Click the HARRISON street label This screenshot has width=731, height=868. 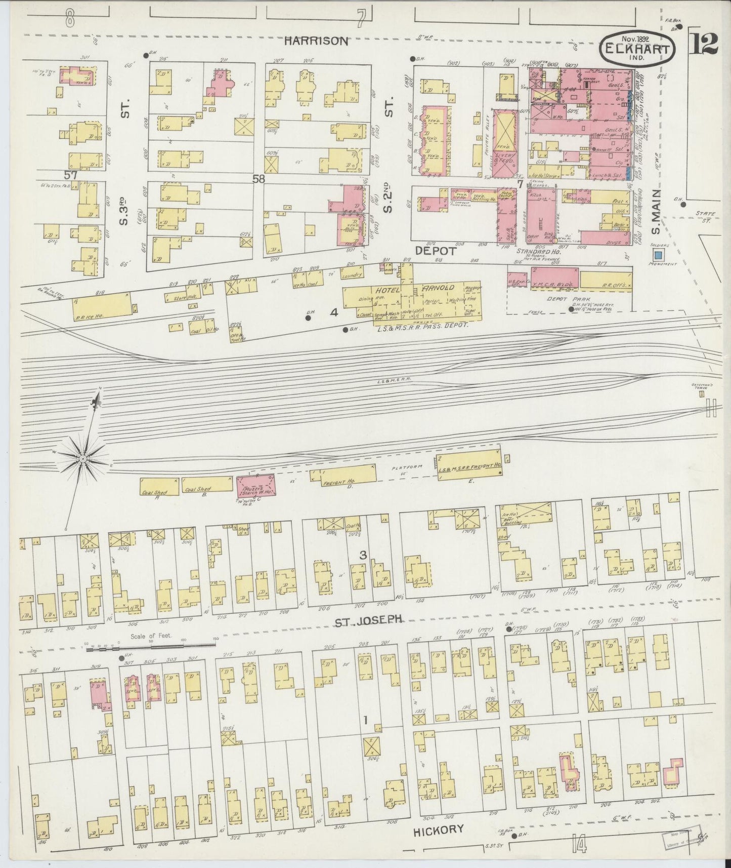(x=316, y=42)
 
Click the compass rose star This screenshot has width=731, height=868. (x=82, y=458)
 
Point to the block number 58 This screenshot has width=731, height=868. (x=260, y=178)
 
